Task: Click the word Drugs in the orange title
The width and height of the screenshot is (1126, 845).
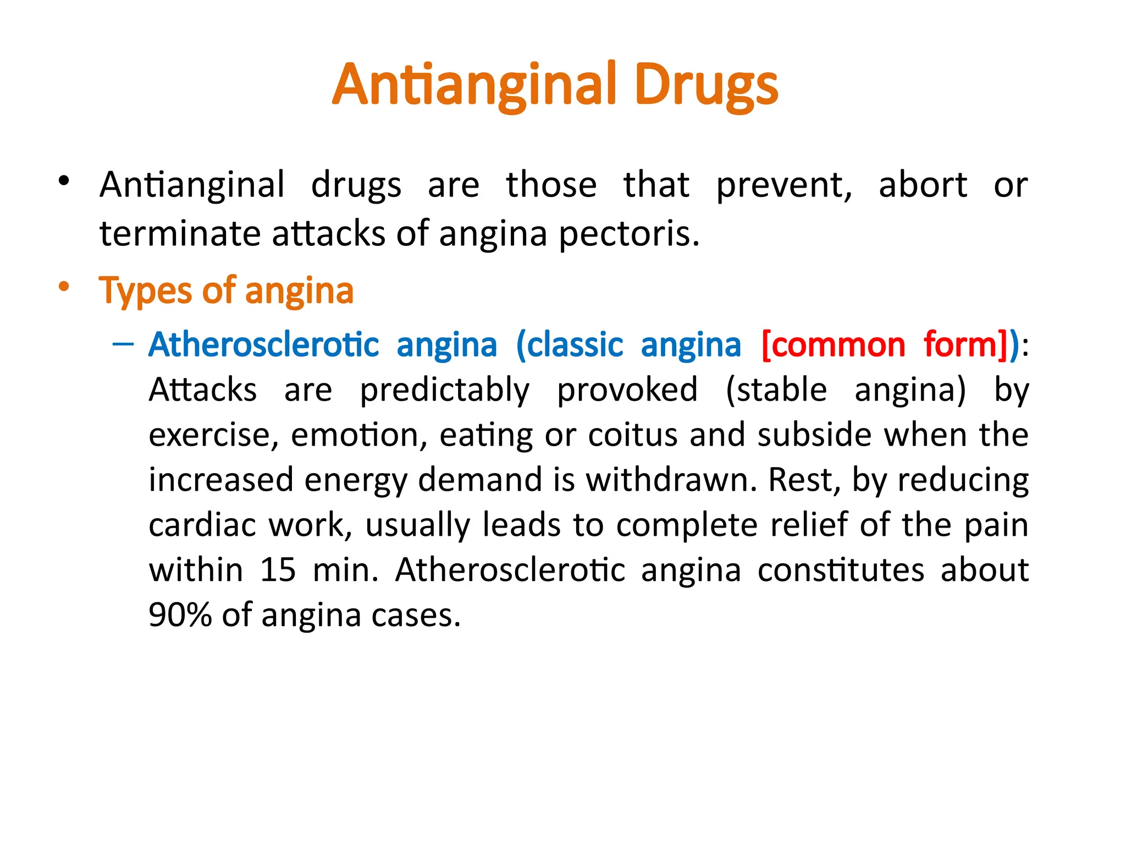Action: (706, 85)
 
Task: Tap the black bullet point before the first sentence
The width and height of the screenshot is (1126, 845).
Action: (64, 180)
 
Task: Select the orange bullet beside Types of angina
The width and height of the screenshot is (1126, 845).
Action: (64, 286)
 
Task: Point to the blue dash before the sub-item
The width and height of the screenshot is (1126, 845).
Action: (123, 345)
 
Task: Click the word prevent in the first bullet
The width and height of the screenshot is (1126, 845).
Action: (783, 185)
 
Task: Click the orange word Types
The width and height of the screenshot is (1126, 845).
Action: (145, 291)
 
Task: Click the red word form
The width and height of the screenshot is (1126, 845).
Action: (960, 345)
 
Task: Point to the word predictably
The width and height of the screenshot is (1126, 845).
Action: (444, 391)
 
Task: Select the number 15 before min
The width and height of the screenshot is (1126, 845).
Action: (278, 570)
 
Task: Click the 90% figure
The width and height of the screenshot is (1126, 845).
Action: (180, 615)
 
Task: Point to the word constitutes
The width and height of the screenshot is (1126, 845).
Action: (841, 570)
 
